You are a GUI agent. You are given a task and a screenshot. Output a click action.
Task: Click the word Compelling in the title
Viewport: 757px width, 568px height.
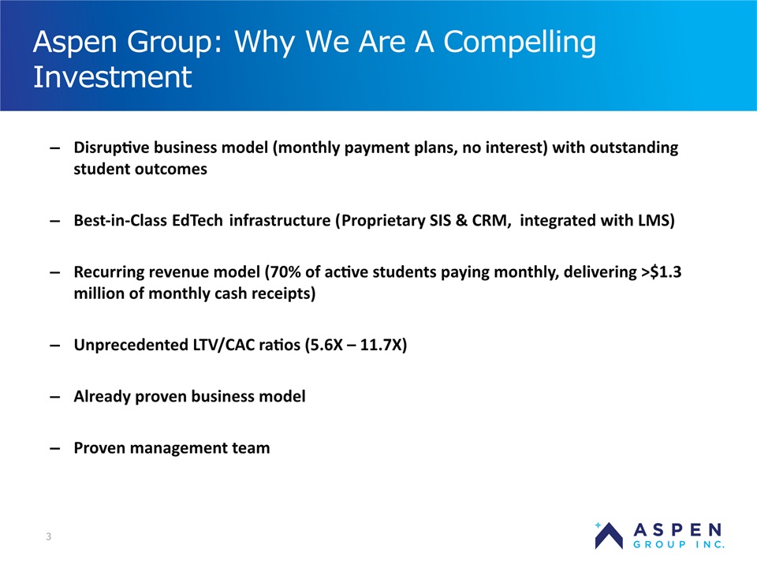520,43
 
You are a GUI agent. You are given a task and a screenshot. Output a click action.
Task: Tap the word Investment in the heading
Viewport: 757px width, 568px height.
113,77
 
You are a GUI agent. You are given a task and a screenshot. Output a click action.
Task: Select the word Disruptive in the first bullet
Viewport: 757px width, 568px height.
112,148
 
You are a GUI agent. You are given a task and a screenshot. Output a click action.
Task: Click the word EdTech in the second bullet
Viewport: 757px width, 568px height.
197,220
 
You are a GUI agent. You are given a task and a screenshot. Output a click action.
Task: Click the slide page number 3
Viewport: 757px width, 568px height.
48,536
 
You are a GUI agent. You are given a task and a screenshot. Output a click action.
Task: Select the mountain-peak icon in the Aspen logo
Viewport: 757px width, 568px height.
608,536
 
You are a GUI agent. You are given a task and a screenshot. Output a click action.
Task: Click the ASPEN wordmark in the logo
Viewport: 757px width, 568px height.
677,530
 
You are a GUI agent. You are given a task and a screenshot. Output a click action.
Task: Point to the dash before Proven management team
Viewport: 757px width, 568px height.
55,449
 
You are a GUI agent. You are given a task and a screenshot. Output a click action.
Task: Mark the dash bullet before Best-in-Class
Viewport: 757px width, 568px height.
55,221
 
